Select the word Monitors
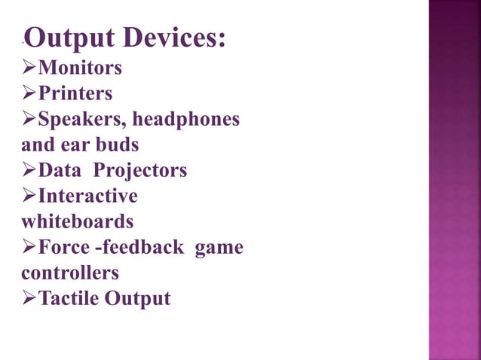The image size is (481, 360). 80,69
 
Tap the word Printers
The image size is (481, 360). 75,94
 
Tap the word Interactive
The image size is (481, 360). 88,197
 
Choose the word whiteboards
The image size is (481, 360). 77,222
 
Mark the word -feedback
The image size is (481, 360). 139,247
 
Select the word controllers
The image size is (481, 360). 70,273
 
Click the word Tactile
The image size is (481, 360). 69,299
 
